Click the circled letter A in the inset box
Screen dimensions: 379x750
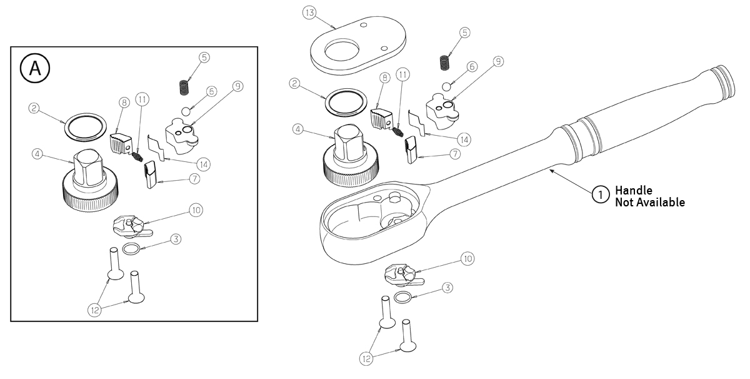point(36,68)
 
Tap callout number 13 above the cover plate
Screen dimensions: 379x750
point(309,13)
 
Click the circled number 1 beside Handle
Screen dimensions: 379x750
point(600,196)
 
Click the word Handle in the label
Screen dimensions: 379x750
point(634,190)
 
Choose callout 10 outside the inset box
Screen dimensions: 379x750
point(467,258)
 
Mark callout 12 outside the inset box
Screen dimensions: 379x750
point(366,358)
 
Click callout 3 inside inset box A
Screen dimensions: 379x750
point(176,239)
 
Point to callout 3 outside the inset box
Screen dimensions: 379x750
point(447,288)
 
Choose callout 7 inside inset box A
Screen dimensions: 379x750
point(194,179)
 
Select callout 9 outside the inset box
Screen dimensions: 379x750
point(497,61)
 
